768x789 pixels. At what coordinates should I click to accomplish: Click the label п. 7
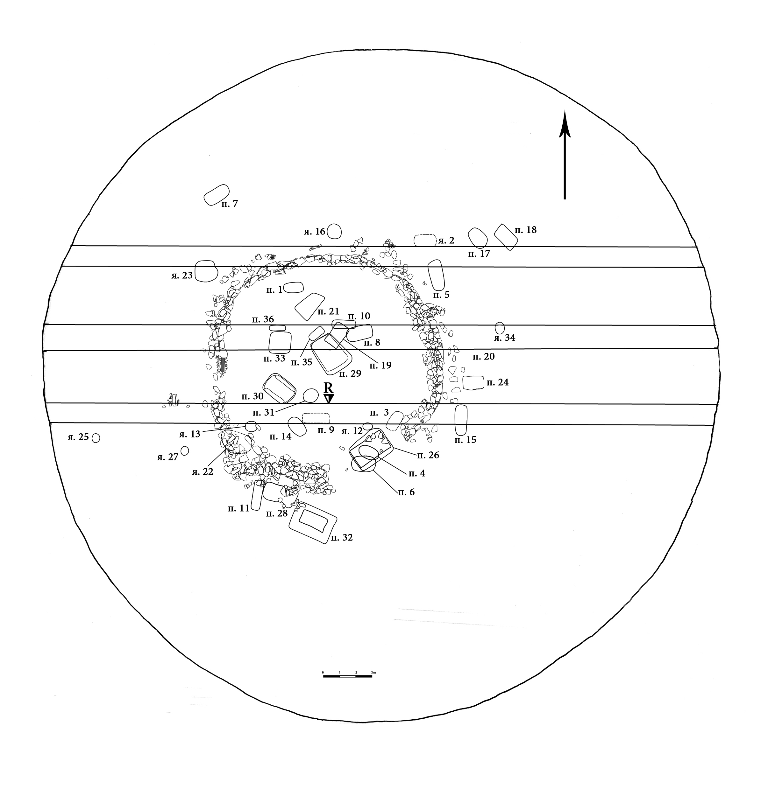pyautogui.click(x=230, y=204)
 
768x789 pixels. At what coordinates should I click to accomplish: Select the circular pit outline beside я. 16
pyautogui.click(x=334, y=231)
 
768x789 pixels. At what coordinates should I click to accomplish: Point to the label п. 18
pyautogui.click(x=526, y=230)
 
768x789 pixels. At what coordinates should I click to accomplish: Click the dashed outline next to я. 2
pyautogui.click(x=425, y=241)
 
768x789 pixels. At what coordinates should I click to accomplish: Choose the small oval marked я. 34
pyautogui.click(x=499, y=328)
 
